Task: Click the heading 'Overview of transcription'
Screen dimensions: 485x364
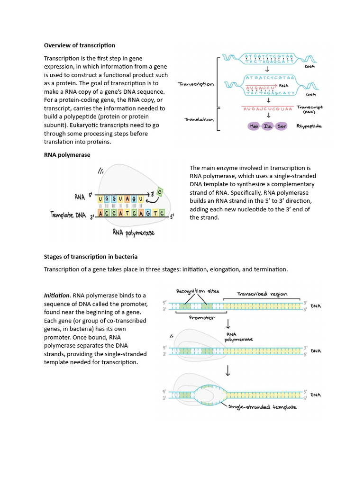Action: (x=80, y=45)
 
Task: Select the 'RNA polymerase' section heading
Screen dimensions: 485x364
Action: (x=67, y=155)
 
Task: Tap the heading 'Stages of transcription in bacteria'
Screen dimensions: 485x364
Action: (x=91, y=257)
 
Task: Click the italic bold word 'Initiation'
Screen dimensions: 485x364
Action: (x=56, y=296)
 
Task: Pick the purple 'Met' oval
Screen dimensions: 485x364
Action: (x=254, y=126)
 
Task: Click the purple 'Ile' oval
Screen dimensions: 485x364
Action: (x=269, y=126)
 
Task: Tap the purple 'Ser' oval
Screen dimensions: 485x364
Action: (x=283, y=126)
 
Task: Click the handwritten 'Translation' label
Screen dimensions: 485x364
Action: (x=199, y=119)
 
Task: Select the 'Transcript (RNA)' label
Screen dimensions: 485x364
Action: (x=309, y=110)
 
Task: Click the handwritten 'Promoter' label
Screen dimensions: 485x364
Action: (x=201, y=318)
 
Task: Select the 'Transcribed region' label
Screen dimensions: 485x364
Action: (x=262, y=294)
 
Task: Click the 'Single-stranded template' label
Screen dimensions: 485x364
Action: (x=263, y=407)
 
